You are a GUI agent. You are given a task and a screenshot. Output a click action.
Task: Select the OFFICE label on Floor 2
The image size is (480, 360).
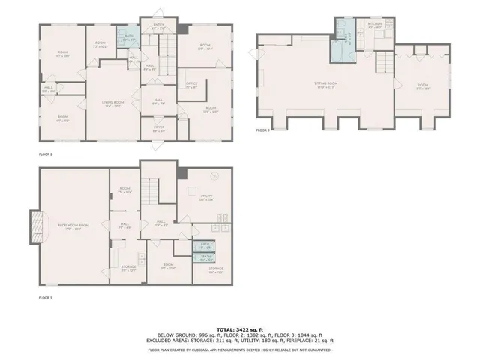191,85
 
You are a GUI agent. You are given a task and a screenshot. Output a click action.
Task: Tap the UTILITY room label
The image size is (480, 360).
206,197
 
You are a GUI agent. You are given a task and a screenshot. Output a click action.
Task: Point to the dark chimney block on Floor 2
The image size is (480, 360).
183,28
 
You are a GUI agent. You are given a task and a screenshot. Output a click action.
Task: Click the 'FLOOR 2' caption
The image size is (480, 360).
46,154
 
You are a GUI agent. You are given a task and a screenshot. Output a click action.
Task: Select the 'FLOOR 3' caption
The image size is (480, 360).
262,130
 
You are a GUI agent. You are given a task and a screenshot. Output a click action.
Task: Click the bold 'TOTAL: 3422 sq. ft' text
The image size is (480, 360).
239,329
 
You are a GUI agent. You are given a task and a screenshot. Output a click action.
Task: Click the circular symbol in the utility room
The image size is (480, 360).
214,178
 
